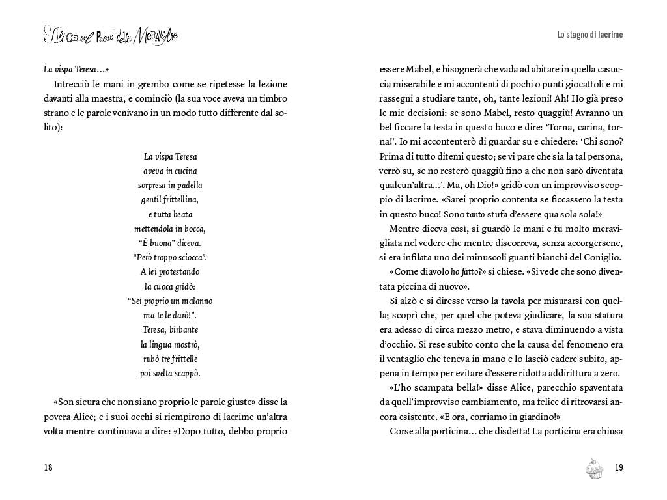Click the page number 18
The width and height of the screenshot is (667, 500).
click(x=48, y=467)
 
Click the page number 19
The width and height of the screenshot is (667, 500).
click(x=619, y=467)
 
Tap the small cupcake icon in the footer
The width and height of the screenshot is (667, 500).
click(x=594, y=468)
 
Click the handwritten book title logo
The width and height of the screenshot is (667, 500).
click(x=111, y=35)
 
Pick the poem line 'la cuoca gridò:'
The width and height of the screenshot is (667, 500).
click(x=170, y=286)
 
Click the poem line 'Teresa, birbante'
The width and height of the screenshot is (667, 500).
click(x=170, y=329)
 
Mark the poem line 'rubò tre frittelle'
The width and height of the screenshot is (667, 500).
click(x=170, y=358)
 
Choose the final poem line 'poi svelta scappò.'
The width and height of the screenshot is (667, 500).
click(x=170, y=373)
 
